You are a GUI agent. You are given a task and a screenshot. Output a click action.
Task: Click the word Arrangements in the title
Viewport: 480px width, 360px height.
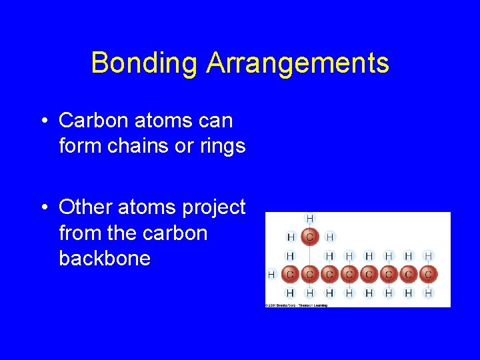pos(297,63)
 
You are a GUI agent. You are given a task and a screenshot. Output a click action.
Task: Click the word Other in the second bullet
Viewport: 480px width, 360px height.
pos(85,207)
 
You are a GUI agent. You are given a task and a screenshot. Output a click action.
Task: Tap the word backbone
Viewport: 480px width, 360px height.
pos(105,259)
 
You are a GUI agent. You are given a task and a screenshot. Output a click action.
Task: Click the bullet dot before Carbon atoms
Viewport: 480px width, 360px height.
pos(43,121)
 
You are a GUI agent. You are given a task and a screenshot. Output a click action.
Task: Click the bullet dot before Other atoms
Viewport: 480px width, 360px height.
pos(43,208)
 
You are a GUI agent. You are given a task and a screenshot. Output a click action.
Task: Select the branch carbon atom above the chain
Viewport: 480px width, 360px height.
pos(310,237)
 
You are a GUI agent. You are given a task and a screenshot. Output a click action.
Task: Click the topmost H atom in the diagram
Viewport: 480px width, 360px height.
pos(310,218)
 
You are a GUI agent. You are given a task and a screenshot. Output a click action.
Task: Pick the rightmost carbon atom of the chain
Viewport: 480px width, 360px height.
pos(428,274)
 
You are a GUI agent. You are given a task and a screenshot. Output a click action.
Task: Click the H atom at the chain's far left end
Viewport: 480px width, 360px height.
pos(271,274)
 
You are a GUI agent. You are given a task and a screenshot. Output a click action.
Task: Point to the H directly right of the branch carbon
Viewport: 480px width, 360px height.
pos(329,237)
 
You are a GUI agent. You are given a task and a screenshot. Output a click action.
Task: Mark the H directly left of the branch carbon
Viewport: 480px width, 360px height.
pos(291,237)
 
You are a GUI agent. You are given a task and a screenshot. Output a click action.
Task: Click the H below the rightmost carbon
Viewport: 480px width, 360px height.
pos(428,293)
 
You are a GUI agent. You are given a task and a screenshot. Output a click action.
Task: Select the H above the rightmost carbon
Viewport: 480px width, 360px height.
pos(428,255)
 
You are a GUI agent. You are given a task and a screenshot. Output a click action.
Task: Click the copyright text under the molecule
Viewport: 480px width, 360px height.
pos(296,305)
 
